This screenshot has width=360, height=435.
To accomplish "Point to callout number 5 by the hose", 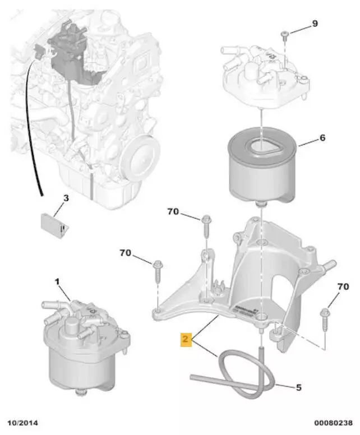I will coord(298,387).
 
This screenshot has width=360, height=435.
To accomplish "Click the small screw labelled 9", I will coord(285,36).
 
